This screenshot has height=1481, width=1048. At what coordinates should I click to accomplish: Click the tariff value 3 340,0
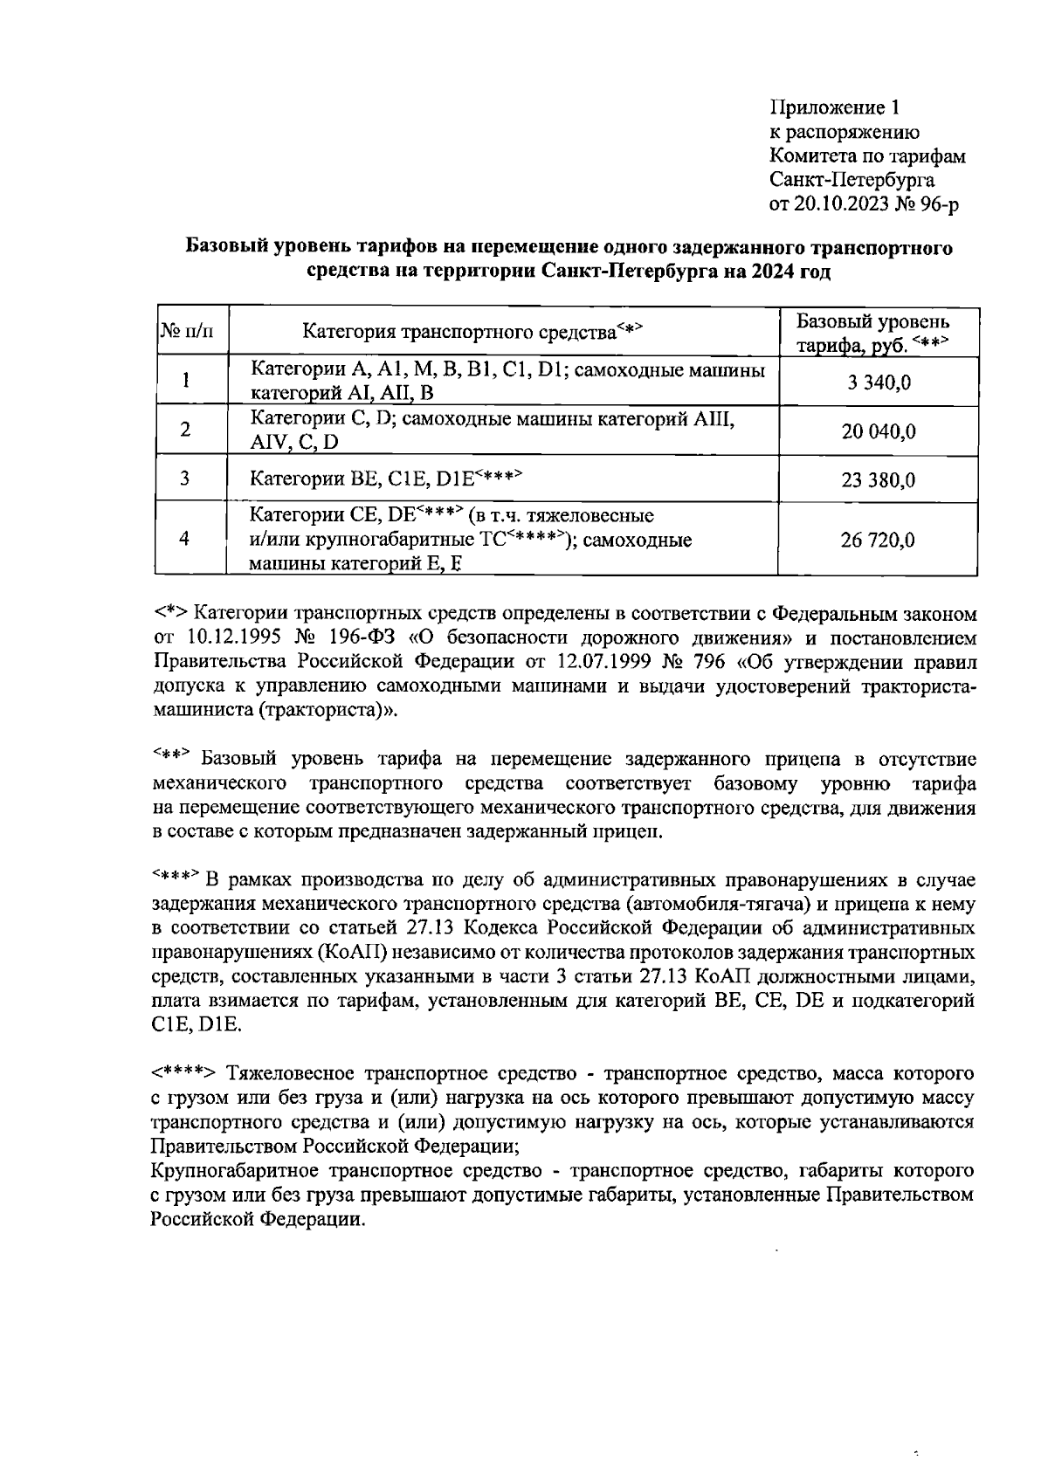878,382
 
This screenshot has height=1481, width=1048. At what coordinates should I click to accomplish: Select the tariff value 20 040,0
878,431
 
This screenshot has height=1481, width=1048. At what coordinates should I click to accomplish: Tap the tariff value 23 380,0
878,479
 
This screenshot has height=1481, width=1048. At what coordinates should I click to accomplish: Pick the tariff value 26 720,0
878,540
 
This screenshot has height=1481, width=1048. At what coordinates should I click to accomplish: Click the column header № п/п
186,332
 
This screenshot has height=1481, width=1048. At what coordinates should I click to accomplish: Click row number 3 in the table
185,479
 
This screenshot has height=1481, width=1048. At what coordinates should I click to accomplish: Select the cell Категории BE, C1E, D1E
384,478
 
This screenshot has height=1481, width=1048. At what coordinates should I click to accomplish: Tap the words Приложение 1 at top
833,107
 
